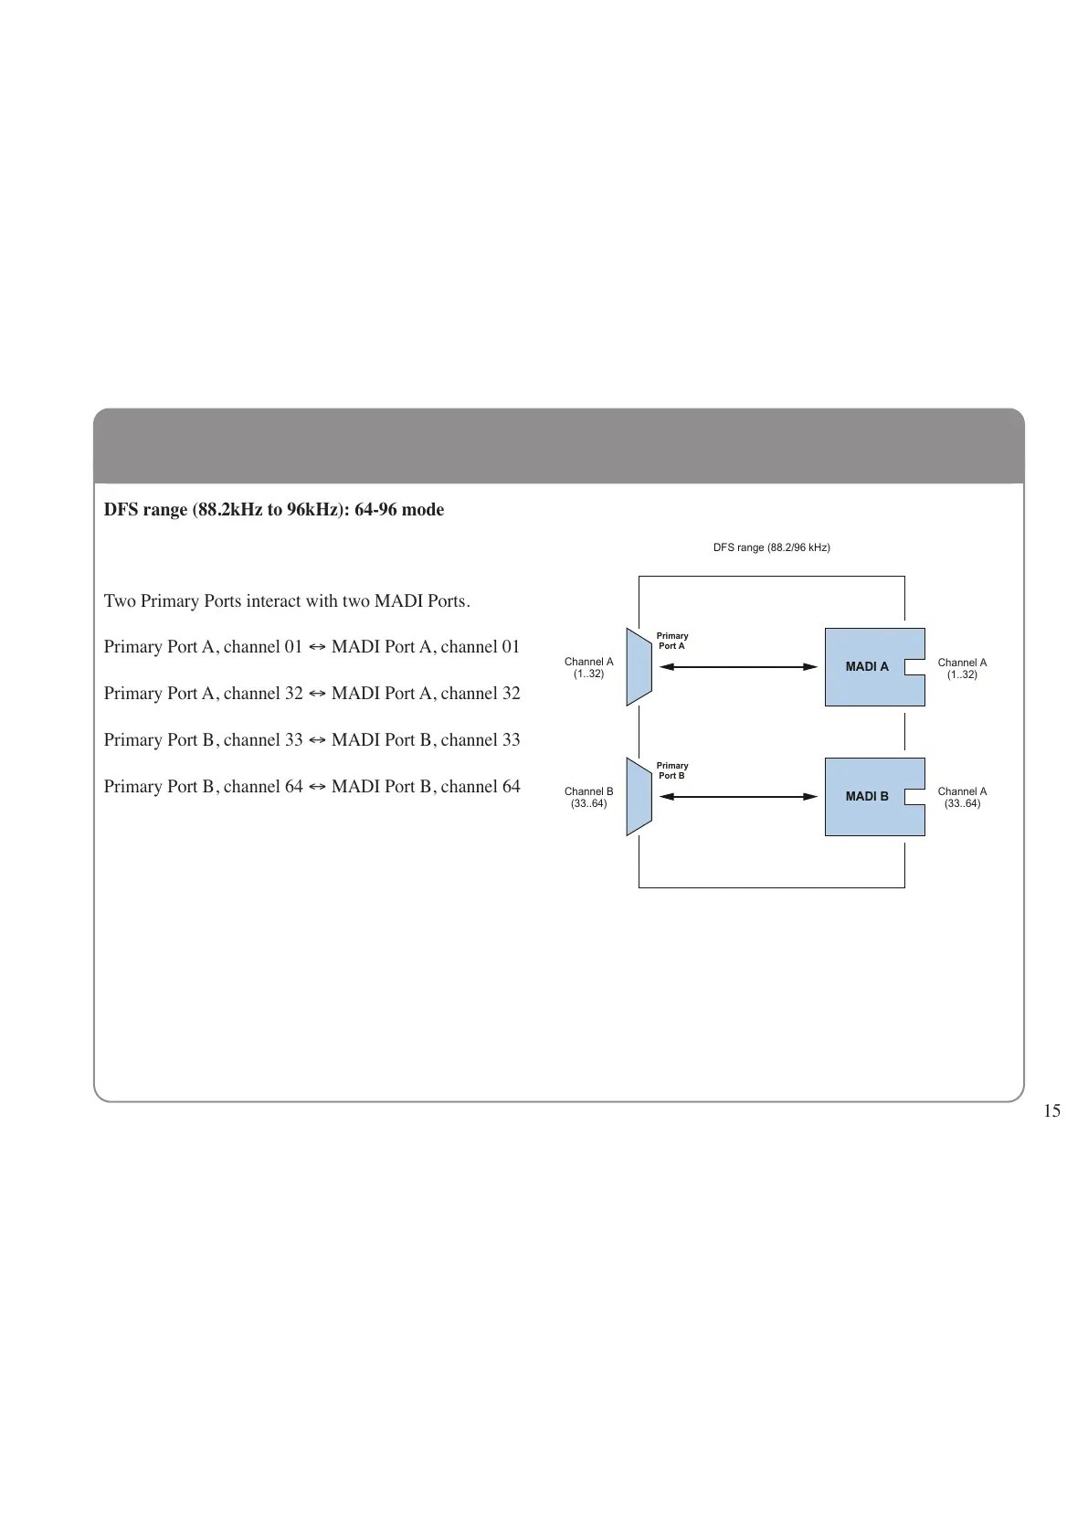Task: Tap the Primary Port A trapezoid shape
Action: click(x=639, y=667)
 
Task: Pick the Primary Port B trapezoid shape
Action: click(x=639, y=797)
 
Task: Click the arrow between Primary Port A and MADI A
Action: click(x=738, y=667)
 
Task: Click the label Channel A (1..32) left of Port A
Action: click(x=588, y=668)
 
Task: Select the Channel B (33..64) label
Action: click(x=588, y=798)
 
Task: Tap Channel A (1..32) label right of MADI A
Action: click(x=962, y=669)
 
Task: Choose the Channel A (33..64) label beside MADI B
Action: click(x=962, y=798)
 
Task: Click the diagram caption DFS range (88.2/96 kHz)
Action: click(x=771, y=547)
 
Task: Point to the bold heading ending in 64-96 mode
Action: click(x=274, y=510)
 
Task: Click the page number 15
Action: click(x=1051, y=1111)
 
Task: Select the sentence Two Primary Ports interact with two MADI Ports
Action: click(x=287, y=601)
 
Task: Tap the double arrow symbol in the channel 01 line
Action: click(x=317, y=648)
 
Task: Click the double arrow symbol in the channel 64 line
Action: click(x=317, y=787)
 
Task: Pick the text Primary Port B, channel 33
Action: click(x=203, y=740)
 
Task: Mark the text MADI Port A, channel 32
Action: click(x=426, y=694)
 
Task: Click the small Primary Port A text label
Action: click(x=672, y=641)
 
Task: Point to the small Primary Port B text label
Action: click(x=672, y=770)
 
